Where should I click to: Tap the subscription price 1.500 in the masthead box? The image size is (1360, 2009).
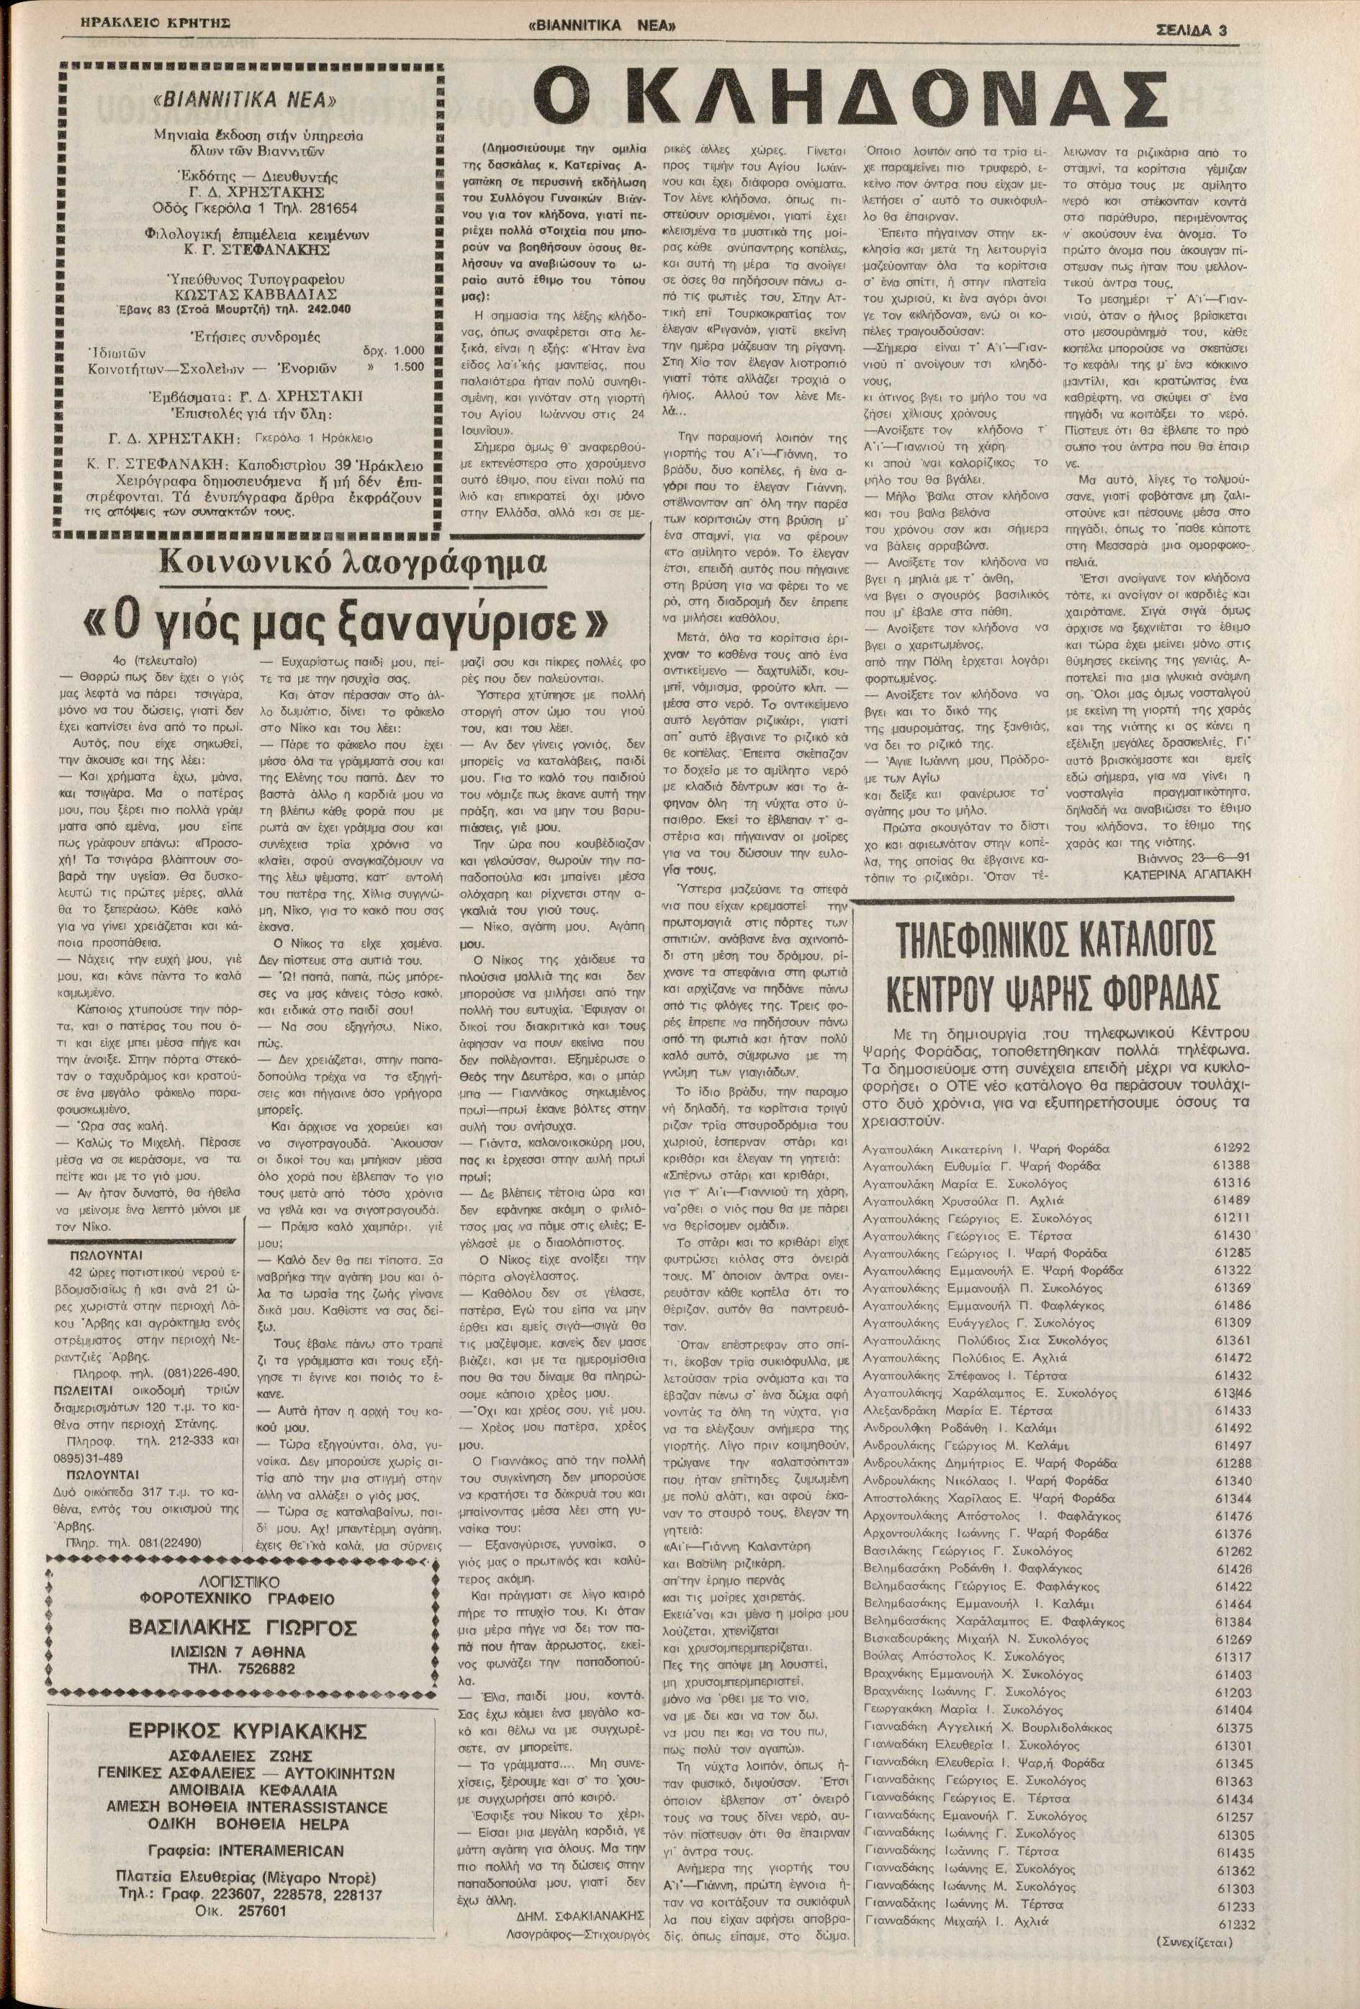pos(407,366)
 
